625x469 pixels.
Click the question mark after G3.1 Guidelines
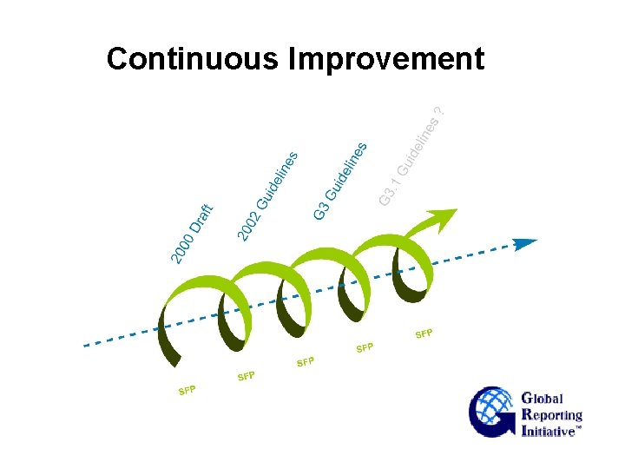tap(440, 111)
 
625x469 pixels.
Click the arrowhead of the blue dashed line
tap(526, 243)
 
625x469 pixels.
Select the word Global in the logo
tap(543, 399)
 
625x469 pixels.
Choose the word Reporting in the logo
tap(552, 415)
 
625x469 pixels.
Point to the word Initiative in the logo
tap(549, 431)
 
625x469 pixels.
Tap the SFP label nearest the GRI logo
tap(424, 334)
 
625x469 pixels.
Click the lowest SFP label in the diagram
tap(187, 389)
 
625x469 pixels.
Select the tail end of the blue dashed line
tap(87, 345)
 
